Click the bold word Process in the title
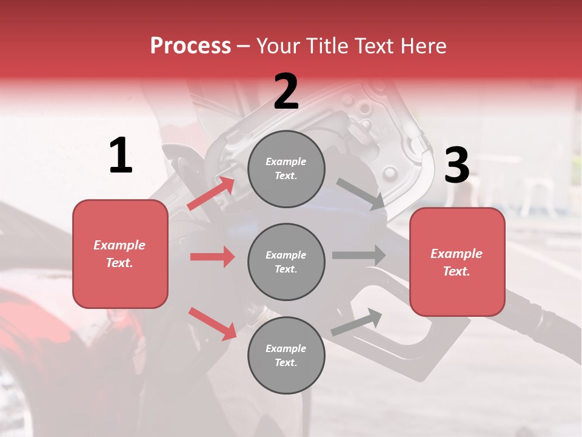[190, 46]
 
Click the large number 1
[121, 156]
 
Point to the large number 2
[286, 92]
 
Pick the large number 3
[457, 165]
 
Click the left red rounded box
[120, 254]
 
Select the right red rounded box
[457, 262]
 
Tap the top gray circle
[286, 169]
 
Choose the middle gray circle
[286, 262]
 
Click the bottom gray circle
[286, 356]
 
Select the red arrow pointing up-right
[212, 194]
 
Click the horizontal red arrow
[213, 257]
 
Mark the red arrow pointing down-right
[213, 324]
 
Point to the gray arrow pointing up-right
[357, 322]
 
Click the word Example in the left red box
[119, 245]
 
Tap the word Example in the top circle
[286, 161]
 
